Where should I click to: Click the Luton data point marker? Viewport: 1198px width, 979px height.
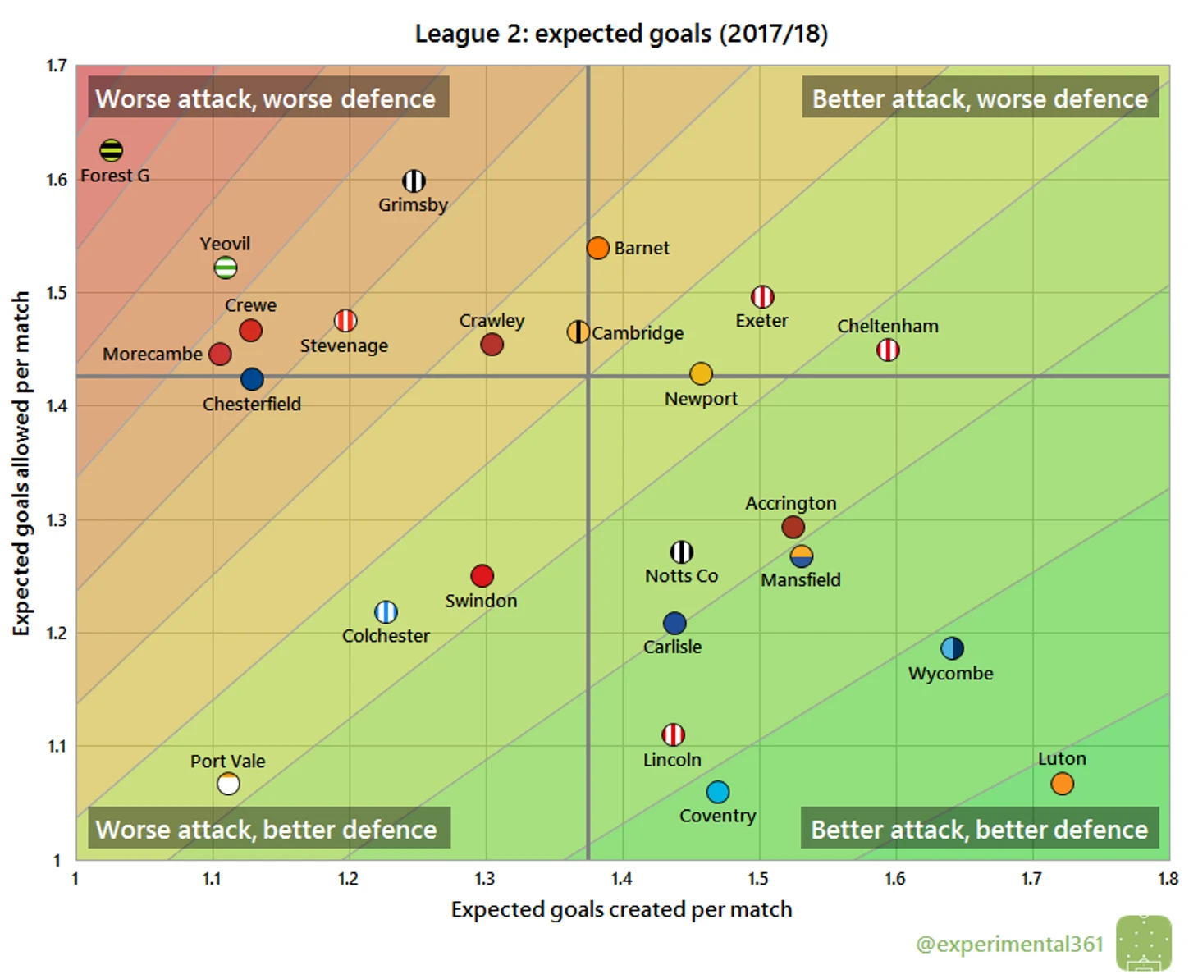1062,784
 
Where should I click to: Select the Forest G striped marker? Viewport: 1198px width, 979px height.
112,150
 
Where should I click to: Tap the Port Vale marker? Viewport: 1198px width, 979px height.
228,784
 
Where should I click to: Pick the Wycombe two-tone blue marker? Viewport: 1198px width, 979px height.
952,648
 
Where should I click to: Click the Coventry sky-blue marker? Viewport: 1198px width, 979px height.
718,792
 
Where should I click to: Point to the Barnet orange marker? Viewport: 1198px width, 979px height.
598,248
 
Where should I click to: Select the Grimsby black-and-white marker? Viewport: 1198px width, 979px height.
414,181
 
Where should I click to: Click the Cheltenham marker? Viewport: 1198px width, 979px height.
888,350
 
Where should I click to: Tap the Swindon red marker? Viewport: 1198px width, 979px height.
482,576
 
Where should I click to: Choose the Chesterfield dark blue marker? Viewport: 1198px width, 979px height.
252,379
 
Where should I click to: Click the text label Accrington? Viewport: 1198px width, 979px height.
791,503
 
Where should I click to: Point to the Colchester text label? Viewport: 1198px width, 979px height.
386,636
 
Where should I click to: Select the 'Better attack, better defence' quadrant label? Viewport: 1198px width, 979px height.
979,830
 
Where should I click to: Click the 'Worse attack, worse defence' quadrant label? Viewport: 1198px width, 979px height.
266,98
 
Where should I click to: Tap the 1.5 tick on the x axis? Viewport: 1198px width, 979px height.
758,879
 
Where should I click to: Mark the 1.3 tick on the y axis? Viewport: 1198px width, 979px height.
57,519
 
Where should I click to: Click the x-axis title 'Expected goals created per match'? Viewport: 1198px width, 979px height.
621,909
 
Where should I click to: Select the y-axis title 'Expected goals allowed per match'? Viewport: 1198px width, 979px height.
21,463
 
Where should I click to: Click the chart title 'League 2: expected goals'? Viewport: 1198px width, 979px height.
621,34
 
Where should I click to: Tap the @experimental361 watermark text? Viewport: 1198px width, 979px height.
1009,945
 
